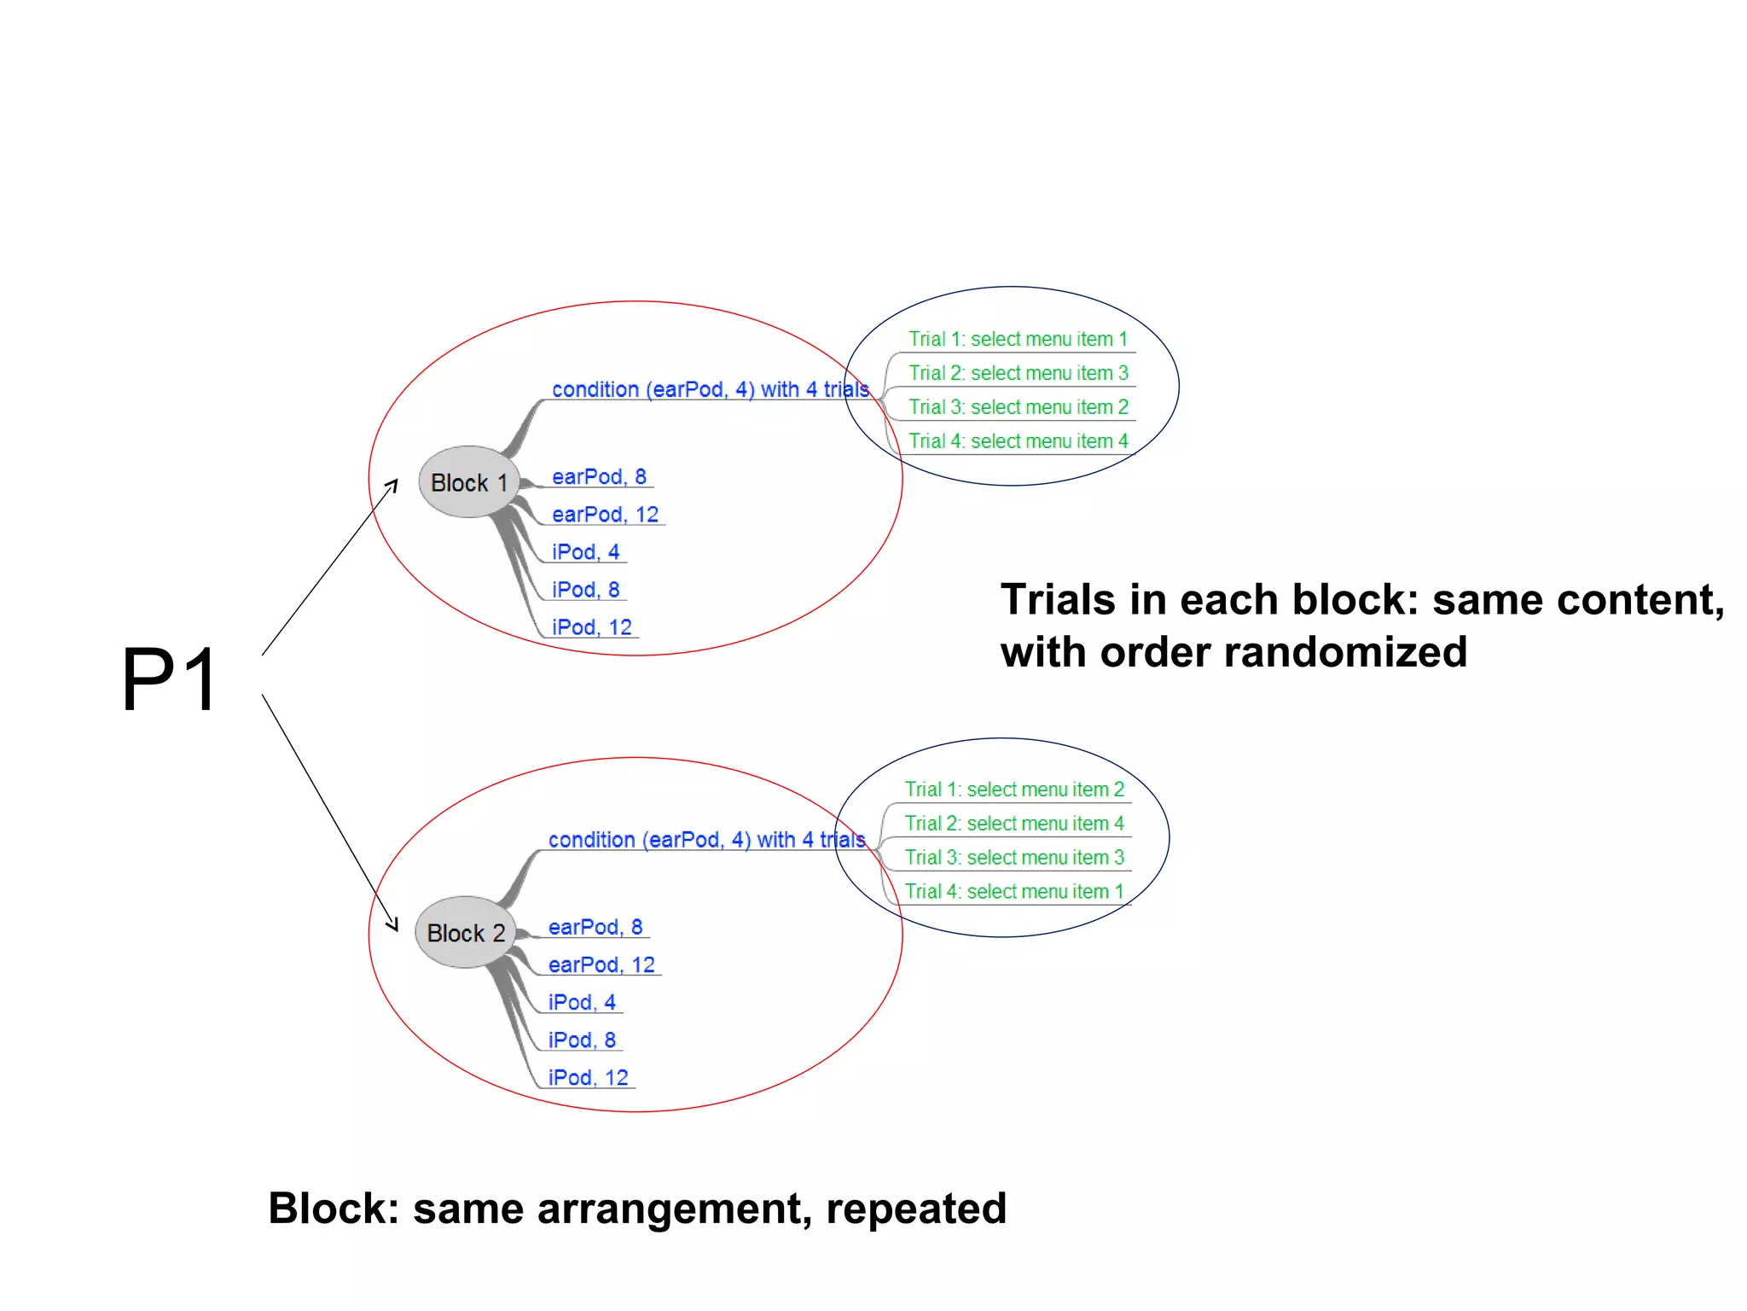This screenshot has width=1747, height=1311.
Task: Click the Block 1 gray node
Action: click(468, 482)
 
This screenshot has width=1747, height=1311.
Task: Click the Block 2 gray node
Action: click(466, 933)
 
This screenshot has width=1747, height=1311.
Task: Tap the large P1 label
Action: click(170, 679)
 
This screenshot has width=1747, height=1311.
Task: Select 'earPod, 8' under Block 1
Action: click(599, 476)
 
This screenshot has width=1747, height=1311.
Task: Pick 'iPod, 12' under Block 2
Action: click(588, 1077)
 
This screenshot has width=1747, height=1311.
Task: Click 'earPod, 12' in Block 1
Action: click(605, 514)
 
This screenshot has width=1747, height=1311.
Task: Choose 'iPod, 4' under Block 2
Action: click(582, 1002)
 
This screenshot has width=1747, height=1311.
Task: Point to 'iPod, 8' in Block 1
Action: click(585, 589)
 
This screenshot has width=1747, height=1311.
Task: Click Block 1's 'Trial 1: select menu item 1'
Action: click(1018, 339)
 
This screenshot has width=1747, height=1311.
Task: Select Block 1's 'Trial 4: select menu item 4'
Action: click(1018, 441)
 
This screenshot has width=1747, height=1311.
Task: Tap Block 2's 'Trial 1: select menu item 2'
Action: click(1014, 790)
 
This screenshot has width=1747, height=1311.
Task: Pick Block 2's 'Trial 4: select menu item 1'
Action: click(1014, 891)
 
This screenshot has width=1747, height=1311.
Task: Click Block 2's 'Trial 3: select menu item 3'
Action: click(1014, 857)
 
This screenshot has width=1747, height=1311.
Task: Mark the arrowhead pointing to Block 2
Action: click(393, 925)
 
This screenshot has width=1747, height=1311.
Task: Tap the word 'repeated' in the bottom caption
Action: click(916, 1209)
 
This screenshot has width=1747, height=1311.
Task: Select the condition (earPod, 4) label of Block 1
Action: click(710, 389)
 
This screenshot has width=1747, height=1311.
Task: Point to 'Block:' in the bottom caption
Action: click(334, 1209)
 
